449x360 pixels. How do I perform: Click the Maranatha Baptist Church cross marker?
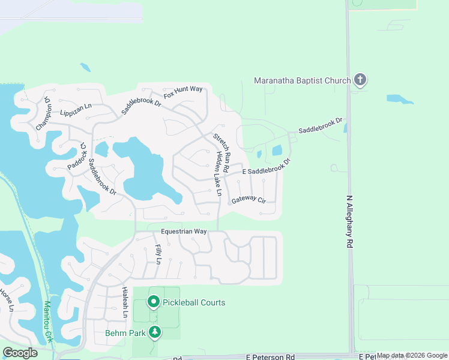360,80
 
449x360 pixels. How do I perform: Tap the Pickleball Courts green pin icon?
154,302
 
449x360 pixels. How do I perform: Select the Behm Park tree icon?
155,332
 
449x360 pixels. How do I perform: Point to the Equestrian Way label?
184,232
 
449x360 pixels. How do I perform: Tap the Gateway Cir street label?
249,199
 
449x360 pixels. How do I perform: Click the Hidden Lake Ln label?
219,174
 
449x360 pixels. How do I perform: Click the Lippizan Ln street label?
76,109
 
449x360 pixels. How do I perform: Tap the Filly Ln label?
158,254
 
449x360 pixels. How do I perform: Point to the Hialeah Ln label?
125,302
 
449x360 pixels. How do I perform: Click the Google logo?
20,353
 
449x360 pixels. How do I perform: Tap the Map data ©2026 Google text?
412,356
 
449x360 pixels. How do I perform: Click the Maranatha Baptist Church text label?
302,80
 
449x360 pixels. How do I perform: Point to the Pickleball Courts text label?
193,302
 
